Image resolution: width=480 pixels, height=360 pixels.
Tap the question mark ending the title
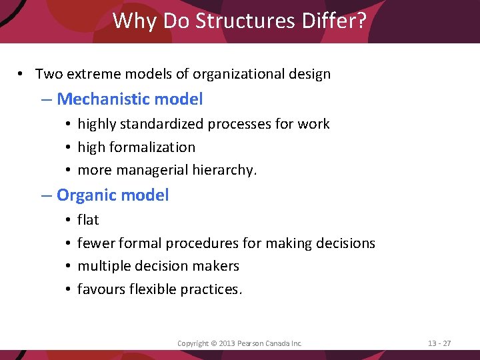pos(361,21)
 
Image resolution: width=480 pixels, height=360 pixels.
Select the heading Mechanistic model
pos(130,99)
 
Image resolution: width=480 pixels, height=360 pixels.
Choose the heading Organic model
pos(113,195)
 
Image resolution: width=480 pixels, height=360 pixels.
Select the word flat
pos(88,220)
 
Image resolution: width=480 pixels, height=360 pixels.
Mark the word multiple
pos(103,266)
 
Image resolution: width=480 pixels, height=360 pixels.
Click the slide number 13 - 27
pos(439,343)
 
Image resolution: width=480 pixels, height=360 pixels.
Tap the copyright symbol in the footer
pos(214,343)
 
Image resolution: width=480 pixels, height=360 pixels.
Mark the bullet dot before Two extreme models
pos(22,74)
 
